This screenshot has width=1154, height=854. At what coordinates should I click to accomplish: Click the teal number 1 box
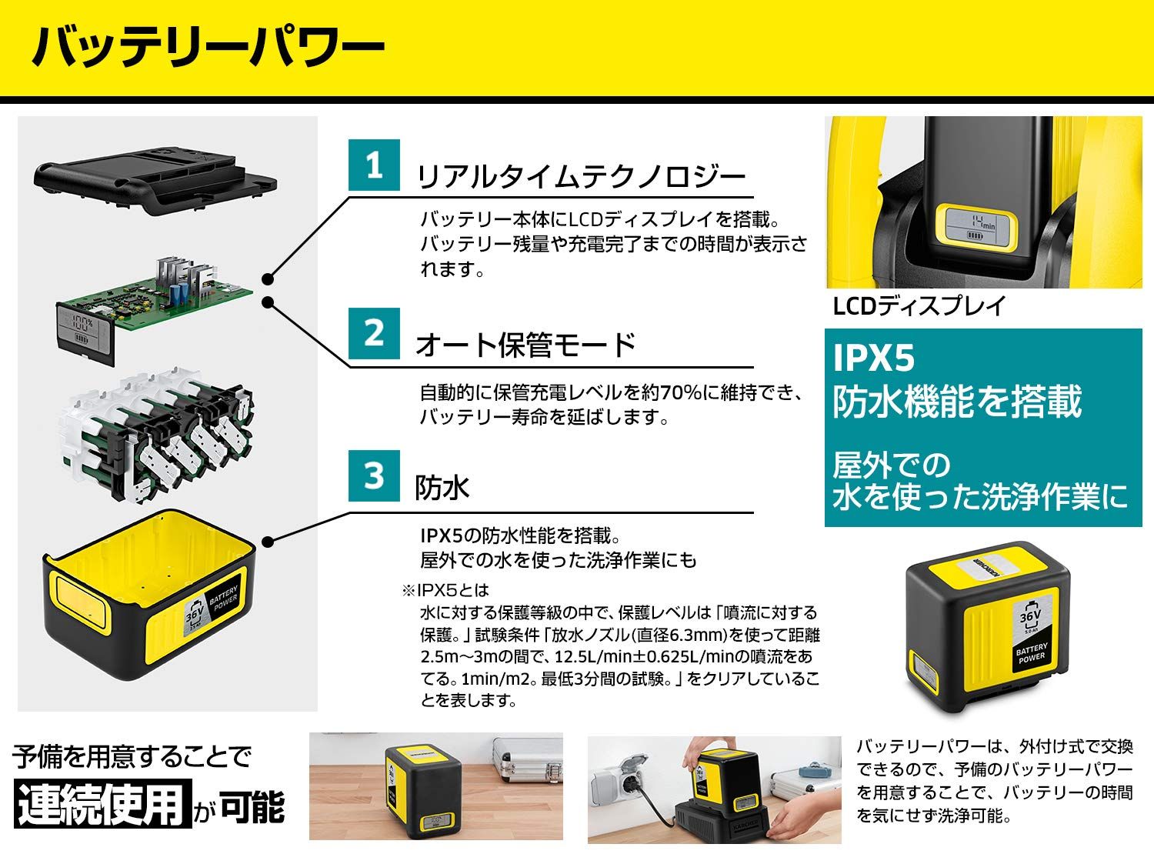tap(374, 165)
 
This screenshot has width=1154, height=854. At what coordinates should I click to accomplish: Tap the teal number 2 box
tap(374, 333)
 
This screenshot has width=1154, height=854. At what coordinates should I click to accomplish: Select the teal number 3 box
tap(374, 475)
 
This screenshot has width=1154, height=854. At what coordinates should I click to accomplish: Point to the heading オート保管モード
tap(525, 345)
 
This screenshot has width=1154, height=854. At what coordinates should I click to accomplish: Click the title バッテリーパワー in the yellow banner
tap(208, 48)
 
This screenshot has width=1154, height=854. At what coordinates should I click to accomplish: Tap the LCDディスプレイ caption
tap(919, 306)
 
